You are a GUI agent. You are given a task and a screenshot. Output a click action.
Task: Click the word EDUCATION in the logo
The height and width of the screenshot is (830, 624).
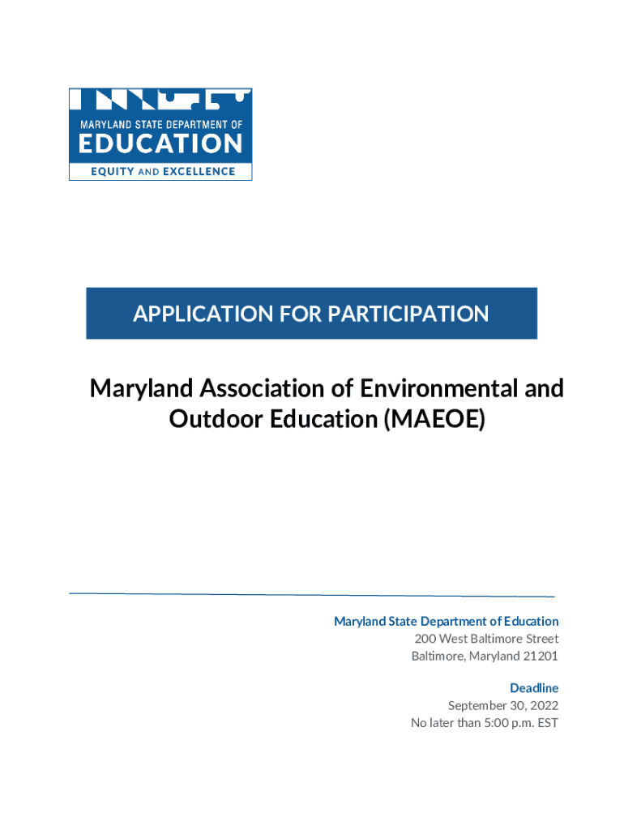[x=160, y=145]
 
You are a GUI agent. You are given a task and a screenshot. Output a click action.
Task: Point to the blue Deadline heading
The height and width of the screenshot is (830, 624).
[x=534, y=688]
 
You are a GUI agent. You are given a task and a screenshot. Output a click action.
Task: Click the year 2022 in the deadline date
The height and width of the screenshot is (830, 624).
[x=542, y=705]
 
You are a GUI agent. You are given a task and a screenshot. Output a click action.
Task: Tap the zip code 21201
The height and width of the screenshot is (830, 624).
[x=540, y=656]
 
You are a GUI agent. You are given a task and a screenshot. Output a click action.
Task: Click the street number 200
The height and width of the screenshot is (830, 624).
[x=425, y=639]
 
